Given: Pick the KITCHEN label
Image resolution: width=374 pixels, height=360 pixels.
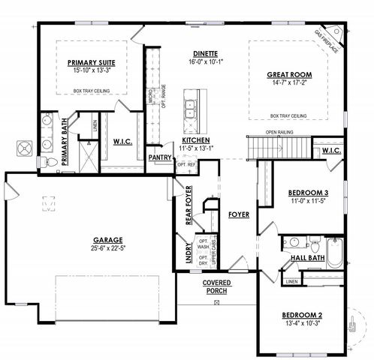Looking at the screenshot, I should (x=196, y=140).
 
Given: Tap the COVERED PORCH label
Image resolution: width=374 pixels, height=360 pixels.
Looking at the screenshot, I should (x=216, y=286).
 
